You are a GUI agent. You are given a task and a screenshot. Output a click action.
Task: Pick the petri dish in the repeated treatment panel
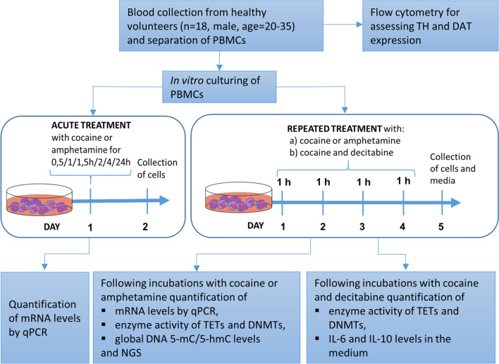point(238,204)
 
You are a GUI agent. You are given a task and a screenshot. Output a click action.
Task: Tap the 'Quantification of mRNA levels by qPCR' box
point(47,322)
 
